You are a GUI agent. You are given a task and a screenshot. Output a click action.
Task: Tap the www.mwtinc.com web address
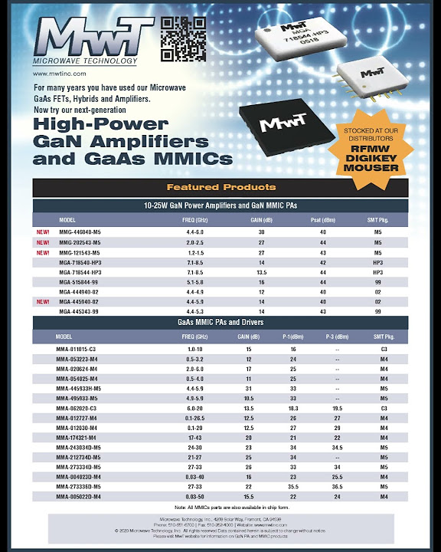coord(59,74)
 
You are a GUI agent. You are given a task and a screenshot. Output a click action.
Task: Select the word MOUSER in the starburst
coord(376,167)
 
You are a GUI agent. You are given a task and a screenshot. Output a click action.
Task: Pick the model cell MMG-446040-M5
coord(80,232)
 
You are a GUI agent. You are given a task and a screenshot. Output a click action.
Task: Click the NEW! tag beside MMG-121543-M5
coord(44,252)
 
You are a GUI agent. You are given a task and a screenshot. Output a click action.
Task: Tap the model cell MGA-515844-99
coord(80,282)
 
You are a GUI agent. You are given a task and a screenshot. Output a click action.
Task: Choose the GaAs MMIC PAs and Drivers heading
coord(220,323)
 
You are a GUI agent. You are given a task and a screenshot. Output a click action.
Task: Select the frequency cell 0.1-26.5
coord(193,418)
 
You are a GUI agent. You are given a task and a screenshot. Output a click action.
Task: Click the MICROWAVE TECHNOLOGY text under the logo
coord(85,60)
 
